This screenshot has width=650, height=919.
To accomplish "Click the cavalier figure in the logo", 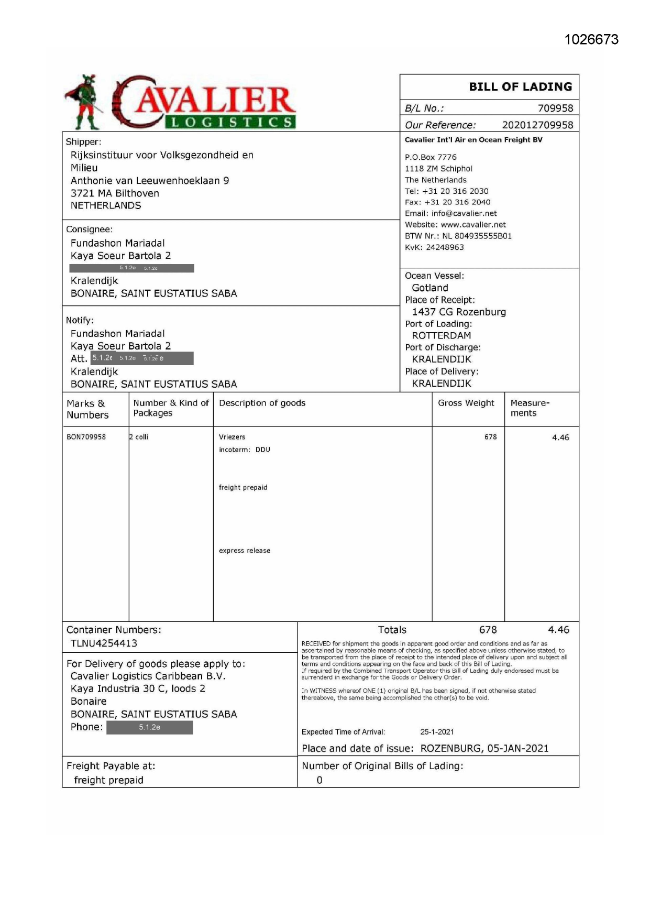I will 85,102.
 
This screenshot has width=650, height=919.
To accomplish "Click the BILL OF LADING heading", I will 520,87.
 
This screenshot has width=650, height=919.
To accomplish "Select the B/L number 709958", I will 555,108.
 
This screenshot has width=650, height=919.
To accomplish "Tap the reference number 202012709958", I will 537,125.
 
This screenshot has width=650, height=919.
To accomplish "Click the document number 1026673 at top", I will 591,40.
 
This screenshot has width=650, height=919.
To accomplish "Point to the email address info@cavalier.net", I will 464,214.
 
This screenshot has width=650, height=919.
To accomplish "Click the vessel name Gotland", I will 430,288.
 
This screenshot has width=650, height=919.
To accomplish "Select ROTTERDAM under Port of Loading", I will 442,336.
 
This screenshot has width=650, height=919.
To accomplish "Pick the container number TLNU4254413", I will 104,643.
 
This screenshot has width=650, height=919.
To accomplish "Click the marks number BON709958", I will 86,437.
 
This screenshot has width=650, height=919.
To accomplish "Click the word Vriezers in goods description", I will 232,437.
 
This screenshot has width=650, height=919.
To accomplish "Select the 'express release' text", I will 245,551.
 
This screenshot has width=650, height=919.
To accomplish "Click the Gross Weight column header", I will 466,403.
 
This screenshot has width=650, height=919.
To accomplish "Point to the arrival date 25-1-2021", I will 437,732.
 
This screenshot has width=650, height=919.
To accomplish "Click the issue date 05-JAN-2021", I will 517,748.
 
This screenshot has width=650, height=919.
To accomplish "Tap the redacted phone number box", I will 150,728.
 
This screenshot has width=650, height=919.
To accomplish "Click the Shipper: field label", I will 83,142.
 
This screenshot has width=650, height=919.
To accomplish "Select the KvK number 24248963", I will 445,247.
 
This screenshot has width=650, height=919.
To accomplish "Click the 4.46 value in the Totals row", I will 558,630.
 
